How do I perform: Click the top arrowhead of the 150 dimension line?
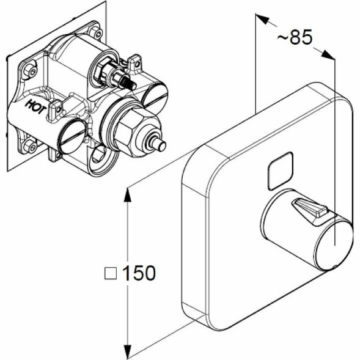coord(128,195)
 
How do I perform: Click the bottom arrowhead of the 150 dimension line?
coord(128,351)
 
